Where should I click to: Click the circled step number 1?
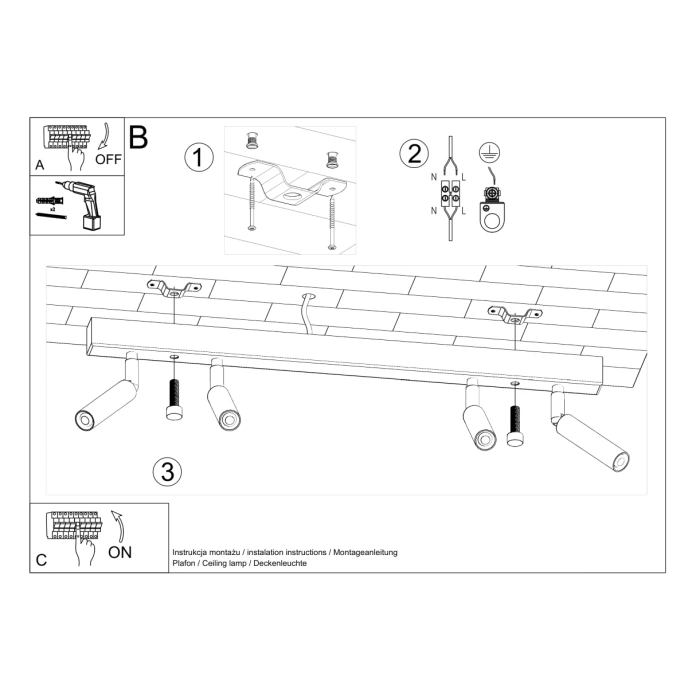tap(200, 157)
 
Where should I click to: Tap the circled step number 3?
tap(166, 470)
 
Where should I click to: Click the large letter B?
tap(138, 137)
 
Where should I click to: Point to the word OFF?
tap(108, 158)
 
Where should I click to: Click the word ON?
tap(119, 551)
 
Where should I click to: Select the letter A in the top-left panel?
tap(39, 163)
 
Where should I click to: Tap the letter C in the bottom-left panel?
tap(40, 560)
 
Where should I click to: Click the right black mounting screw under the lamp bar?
tap(515, 421)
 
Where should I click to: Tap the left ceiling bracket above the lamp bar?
tap(171, 289)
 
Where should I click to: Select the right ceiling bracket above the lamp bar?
tap(515, 316)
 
